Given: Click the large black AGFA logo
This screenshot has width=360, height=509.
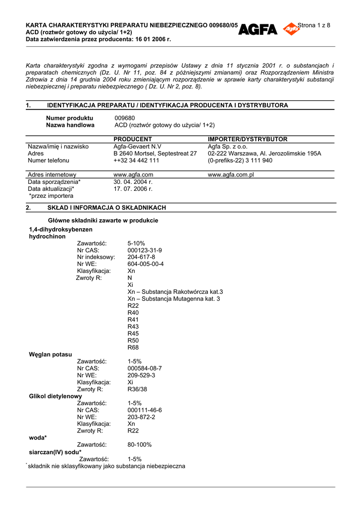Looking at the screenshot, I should pyautogui.click(x=258, y=30).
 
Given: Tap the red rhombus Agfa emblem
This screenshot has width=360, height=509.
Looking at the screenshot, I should pyautogui.click(x=291, y=29).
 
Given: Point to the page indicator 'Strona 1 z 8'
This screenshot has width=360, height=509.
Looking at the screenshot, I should pyautogui.click(x=314, y=25).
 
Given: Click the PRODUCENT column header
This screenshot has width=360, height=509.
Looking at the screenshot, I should pyautogui.click(x=133, y=139).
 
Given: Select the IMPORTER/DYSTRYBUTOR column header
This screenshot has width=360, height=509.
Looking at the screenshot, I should pyautogui.click(x=248, y=139).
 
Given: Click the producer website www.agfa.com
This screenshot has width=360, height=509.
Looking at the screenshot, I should pyautogui.click(x=133, y=175).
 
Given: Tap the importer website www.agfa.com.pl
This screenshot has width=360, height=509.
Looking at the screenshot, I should pyautogui.click(x=231, y=175).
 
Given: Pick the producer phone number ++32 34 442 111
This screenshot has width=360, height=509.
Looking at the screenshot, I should pyautogui.click(x=136, y=161).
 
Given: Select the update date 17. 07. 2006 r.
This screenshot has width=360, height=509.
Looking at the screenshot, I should pyautogui.click(x=133, y=189).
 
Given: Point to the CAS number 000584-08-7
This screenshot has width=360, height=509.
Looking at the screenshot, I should pyautogui.click(x=145, y=368).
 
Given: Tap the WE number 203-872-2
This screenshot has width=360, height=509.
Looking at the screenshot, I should pyautogui.click(x=141, y=417).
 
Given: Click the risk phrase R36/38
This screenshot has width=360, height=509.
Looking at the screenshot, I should pyautogui.click(x=137, y=389).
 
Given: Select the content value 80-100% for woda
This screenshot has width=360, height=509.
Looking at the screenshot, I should pyautogui.click(x=140, y=445).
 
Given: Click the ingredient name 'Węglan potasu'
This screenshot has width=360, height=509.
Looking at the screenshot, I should pyautogui.click(x=50, y=354).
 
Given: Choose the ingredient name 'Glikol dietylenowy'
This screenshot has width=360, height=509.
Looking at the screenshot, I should pyautogui.click(x=55, y=396).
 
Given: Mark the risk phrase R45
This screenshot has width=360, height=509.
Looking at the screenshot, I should pyautogui.click(x=133, y=334).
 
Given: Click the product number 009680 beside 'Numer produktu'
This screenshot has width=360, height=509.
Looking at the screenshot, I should pyautogui.click(x=125, y=118).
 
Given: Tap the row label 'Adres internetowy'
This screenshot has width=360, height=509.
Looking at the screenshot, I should pyautogui.click(x=52, y=175).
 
